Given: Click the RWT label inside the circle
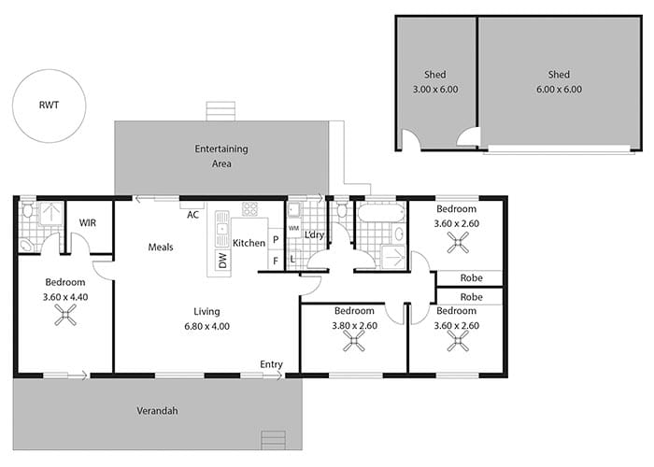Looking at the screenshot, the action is coord(49,105).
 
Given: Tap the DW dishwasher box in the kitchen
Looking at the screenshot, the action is coord(222,260).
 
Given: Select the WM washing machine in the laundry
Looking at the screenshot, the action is coord(293,228).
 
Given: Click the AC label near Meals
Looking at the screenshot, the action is coord(193,215).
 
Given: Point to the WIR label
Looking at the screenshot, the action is coord(88,223).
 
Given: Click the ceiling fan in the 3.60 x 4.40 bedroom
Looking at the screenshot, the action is coord(65,315).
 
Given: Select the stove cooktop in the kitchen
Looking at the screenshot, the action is coord(249,209).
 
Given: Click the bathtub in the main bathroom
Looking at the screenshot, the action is coord(381,213).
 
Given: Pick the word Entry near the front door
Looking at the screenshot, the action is coord(271,364).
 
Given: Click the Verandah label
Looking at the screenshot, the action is coord(157,411).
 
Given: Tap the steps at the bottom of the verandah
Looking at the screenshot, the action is coord(273,440).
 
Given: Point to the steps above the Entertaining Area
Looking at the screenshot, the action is coord(221,111).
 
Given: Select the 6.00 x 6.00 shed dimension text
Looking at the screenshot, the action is coord(559,90).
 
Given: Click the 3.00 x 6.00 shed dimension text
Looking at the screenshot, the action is coord(435,90).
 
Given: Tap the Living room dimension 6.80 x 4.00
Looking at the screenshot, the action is coord(206,327).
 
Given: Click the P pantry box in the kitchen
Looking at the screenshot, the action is coord(276,239).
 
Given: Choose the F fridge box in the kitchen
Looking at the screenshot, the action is coord(276,261).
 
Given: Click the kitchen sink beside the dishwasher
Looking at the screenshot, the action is coord(222,229).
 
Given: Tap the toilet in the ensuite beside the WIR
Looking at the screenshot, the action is coord(27,210).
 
